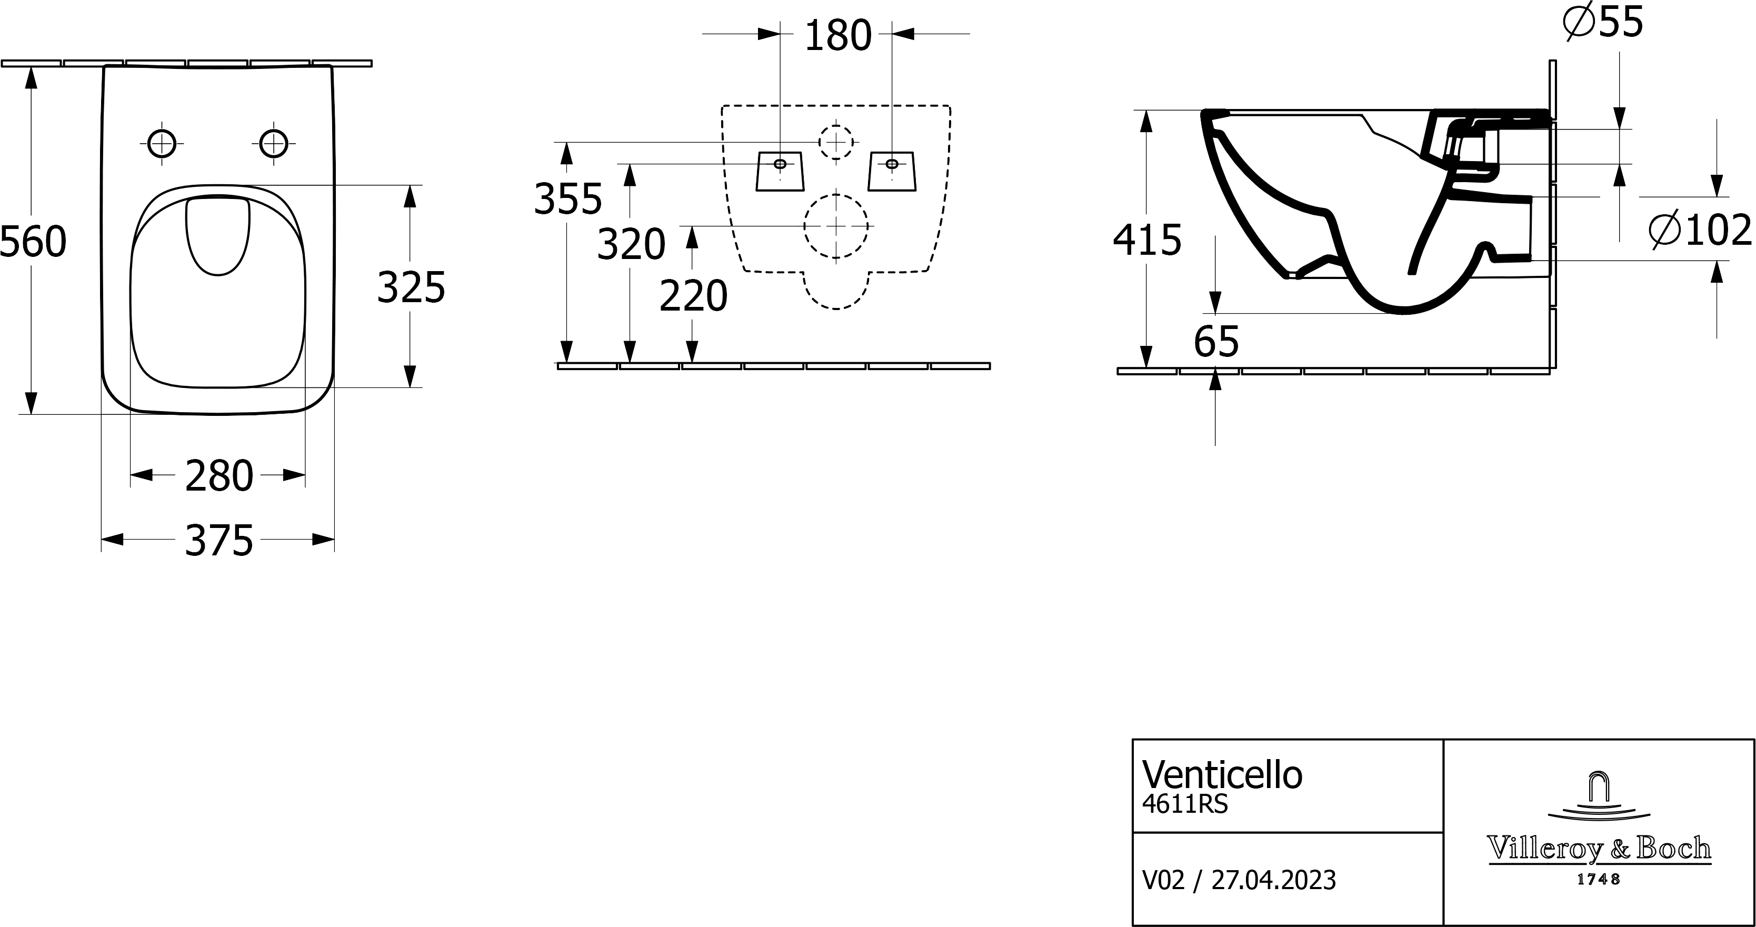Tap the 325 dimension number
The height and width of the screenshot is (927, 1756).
point(411,287)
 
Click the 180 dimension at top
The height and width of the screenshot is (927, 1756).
point(838,36)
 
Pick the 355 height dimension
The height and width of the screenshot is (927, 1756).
point(568,200)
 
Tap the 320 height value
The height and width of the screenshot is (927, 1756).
point(631,245)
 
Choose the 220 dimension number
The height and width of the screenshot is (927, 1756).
point(693,296)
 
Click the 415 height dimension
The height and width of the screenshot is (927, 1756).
point(1146,240)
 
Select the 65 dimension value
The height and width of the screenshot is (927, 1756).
point(1216,342)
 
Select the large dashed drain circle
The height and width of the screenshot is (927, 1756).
point(836,226)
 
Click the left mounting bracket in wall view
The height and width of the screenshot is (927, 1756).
point(781,171)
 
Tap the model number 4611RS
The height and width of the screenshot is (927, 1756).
point(1185,805)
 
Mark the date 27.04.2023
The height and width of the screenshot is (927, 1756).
point(1273,880)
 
